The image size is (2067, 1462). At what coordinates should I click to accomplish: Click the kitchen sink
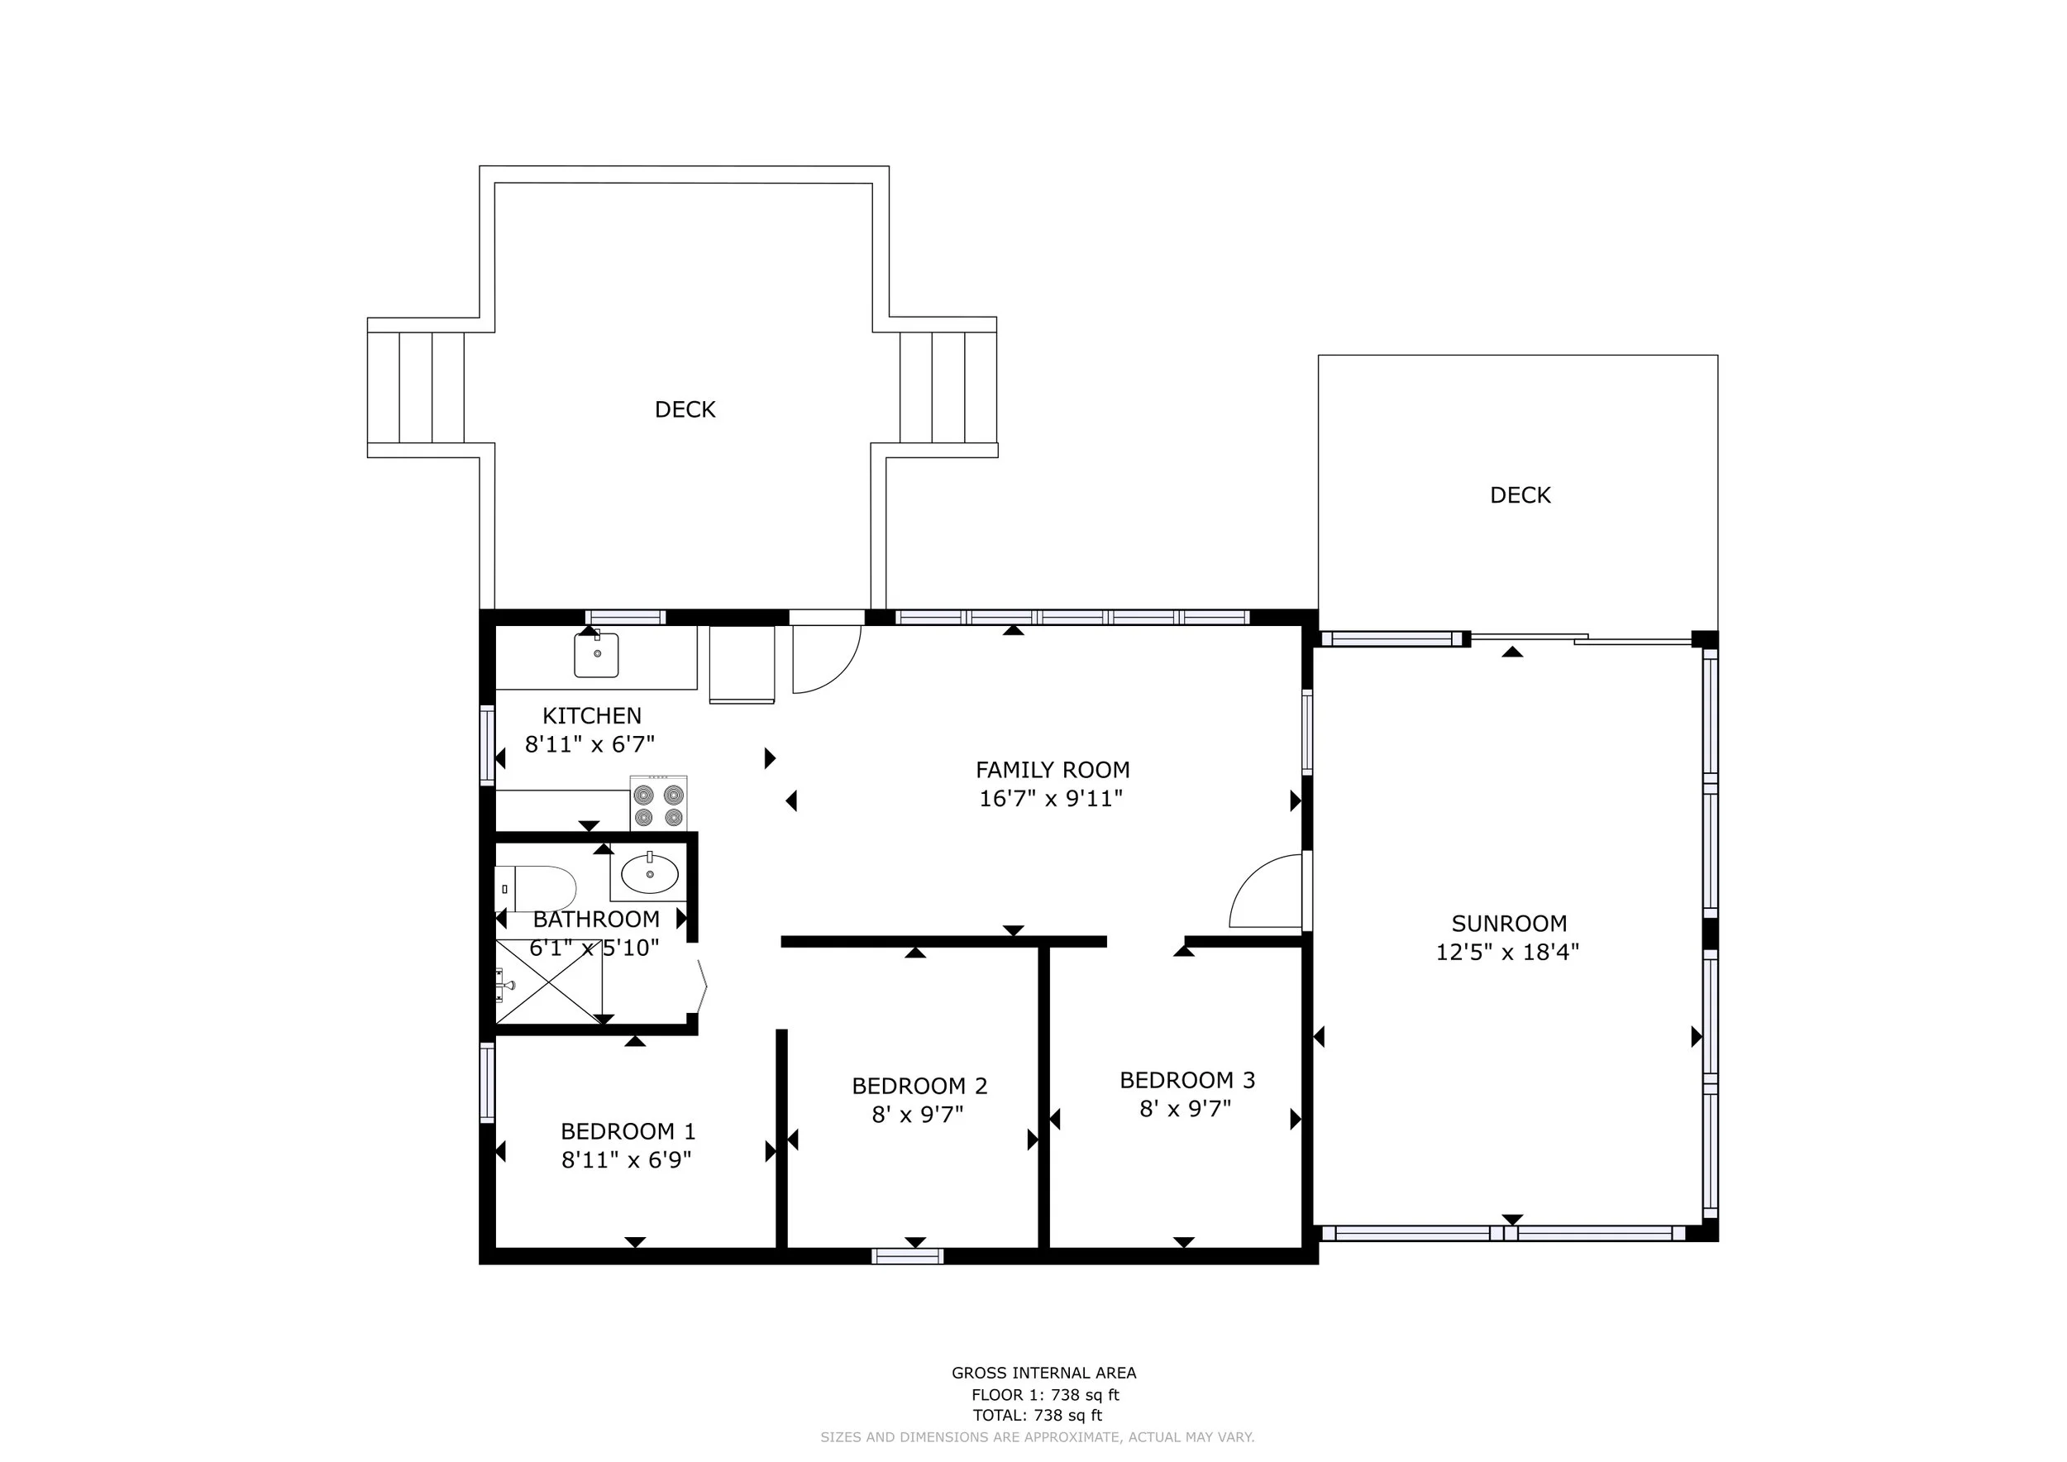coord(596,654)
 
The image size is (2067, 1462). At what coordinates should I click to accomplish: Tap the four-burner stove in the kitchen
coord(658,802)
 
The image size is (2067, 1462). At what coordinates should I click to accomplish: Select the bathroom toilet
coord(536,889)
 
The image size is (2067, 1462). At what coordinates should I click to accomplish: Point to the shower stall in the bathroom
coord(549,982)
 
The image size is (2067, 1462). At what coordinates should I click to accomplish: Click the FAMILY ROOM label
coord(1053,770)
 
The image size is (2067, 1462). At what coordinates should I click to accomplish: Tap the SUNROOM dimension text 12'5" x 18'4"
coord(1507,952)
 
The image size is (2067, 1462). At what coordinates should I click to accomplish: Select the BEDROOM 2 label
coord(919,1086)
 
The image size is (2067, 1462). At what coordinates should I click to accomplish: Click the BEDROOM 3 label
coord(1186,1079)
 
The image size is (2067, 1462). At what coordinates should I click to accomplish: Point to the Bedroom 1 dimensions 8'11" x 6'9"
coord(627,1159)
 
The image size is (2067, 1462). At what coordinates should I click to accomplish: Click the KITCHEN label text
coord(591,715)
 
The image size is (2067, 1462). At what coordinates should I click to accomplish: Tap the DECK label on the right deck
coord(1520,495)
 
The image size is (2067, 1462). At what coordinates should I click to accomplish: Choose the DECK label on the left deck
coord(685,409)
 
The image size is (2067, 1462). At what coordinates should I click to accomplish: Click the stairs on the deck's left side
coord(416,388)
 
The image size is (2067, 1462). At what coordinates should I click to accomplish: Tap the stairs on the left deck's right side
coord(948,388)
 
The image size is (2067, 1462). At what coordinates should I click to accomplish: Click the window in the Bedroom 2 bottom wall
coord(908,1256)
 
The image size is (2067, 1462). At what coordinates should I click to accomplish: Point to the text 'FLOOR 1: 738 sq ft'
coord(1045,1395)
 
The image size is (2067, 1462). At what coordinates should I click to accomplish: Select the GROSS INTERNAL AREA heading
coord(1044,1373)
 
